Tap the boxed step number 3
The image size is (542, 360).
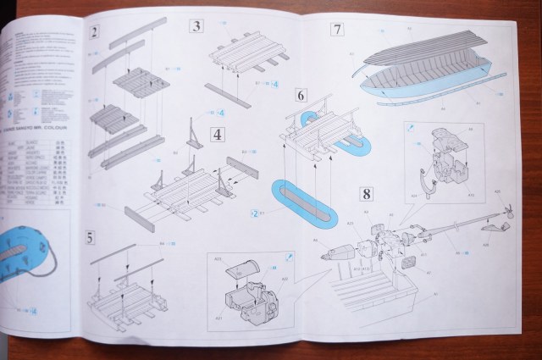pyautogui.click(x=196, y=25)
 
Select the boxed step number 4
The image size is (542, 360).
pyautogui.click(x=218, y=134)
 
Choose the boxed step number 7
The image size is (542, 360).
pyautogui.click(x=337, y=30)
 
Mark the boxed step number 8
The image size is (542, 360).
pyautogui.click(x=366, y=192)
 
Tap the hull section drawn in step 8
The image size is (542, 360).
pyautogui.click(x=373, y=296)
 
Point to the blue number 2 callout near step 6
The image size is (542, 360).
pyautogui.click(x=254, y=213)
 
